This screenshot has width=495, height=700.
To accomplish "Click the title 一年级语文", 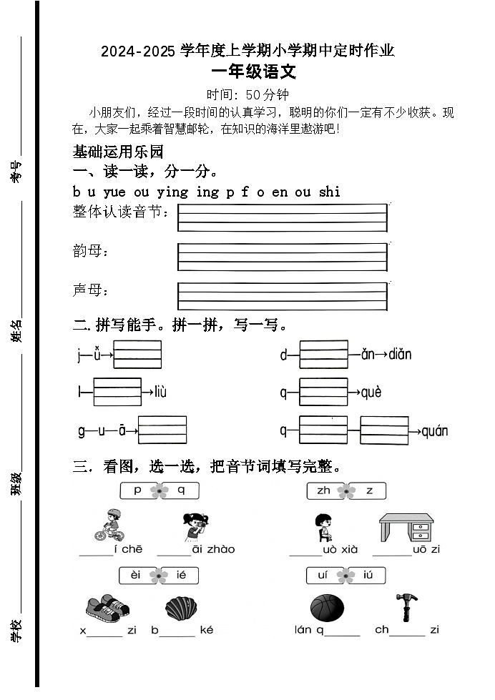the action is pos(254,72).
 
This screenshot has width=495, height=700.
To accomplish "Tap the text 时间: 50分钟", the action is pos(247,94).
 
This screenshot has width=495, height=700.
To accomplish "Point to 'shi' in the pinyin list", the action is pos(330,192).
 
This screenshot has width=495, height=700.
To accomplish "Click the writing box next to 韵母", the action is pos(282,257).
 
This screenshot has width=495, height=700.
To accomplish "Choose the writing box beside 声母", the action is pos(282,295).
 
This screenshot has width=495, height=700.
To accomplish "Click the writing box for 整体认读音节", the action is pos(282,218).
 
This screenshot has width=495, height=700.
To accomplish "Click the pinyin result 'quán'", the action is pos(434,431).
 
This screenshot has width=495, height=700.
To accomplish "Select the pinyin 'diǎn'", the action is pos(400,355).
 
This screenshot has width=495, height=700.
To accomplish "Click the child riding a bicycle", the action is pos(109,526).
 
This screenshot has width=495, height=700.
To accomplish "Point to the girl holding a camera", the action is pos(194,527).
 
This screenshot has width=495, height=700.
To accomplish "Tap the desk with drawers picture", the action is pos(406,528).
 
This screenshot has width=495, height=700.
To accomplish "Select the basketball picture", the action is pos(327,608).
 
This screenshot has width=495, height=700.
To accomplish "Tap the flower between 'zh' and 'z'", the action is pos(346,491).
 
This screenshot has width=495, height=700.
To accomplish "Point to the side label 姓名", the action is pos(16,331).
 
